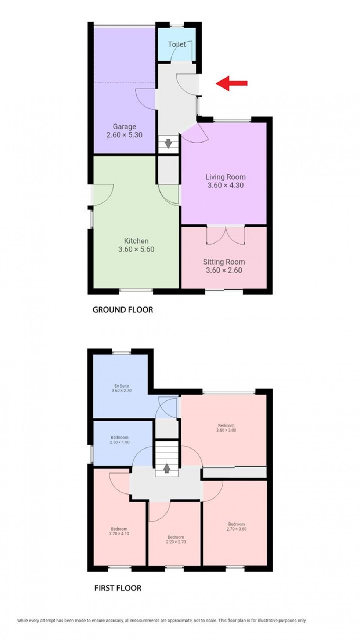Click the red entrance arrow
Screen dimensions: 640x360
pyautogui.click(x=231, y=83)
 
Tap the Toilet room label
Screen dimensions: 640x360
pyautogui.click(x=177, y=44)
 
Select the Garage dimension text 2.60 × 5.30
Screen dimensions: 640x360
pyautogui.click(x=125, y=135)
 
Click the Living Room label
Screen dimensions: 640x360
pyautogui.click(x=225, y=177)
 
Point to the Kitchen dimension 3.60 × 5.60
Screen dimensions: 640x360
pyautogui.click(x=136, y=249)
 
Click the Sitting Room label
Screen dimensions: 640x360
pyautogui.click(x=224, y=262)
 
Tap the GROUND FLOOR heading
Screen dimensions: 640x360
pyautogui.click(x=122, y=310)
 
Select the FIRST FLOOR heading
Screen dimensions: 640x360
pyautogui.click(x=118, y=588)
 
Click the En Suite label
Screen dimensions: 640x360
pyautogui.click(x=122, y=386)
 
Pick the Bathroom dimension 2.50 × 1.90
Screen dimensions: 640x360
pyautogui.click(x=120, y=442)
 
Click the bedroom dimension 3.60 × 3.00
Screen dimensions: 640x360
pyautogui.click(x=226, y=430)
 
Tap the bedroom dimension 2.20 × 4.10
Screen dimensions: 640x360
pyautogui.click(x=119, y=533)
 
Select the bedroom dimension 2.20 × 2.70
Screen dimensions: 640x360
pyautogui.click(x=176, y=542)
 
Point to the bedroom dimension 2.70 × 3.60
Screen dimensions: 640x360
pyautogui.click(x=236, y=529)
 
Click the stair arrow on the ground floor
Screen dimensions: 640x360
pyautogui.click(x=168, y=143)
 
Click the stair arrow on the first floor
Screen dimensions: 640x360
pyautogui.click(x=166, y=468)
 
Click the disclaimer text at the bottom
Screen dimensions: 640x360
pyautogui.click(x=162, y=621)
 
